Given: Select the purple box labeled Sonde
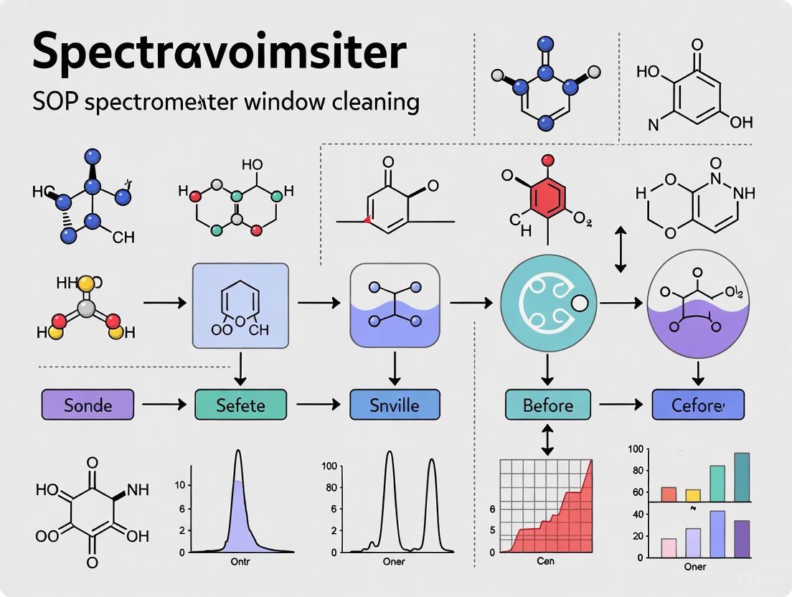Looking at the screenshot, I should point(88,405).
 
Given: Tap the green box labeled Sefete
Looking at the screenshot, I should point(240,405).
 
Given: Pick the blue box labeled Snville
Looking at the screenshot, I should point(394,405).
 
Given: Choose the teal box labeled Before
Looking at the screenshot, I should point(547,405).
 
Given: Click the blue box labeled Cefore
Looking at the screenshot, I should point(697,405).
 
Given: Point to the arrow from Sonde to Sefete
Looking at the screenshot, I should point(164,405).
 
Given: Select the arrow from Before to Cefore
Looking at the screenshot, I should point(621,405).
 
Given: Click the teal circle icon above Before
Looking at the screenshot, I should point(547,303).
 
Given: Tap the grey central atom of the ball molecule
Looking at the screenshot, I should point(86,309).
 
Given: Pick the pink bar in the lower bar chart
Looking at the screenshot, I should point(669,547).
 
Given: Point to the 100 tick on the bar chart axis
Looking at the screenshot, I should point(634,449).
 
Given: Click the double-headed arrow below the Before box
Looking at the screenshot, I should point(547,440).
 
